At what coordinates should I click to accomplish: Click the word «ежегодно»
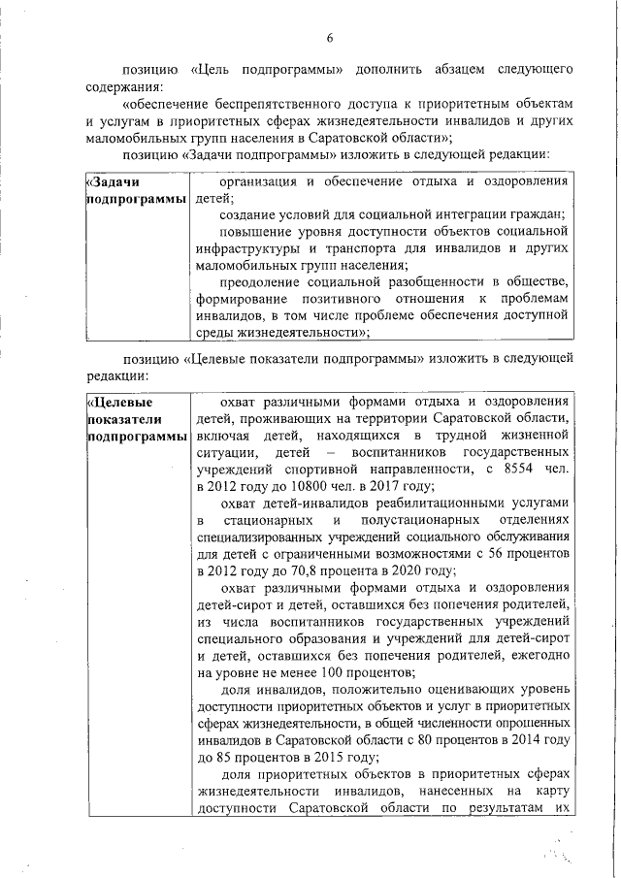pos(537,656)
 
